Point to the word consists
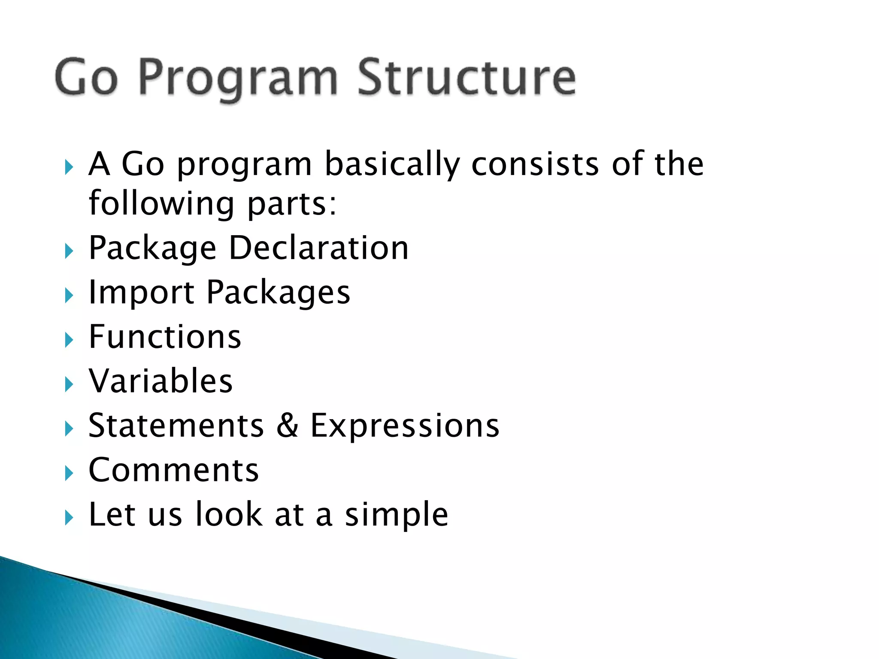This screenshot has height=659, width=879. (535, 164)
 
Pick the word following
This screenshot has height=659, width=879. (161, 204)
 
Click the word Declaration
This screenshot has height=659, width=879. (318, 248)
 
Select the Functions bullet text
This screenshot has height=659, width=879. (165, 337)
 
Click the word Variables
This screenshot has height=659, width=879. (161, 381)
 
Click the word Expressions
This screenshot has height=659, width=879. (405, 426)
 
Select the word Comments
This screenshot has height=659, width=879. (173, 470)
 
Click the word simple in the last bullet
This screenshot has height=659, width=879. (397, 515)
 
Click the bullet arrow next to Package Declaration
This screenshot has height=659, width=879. (69, 251)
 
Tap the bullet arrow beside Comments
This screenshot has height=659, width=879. (69, 473)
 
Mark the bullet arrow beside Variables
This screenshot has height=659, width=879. (69, 384)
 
